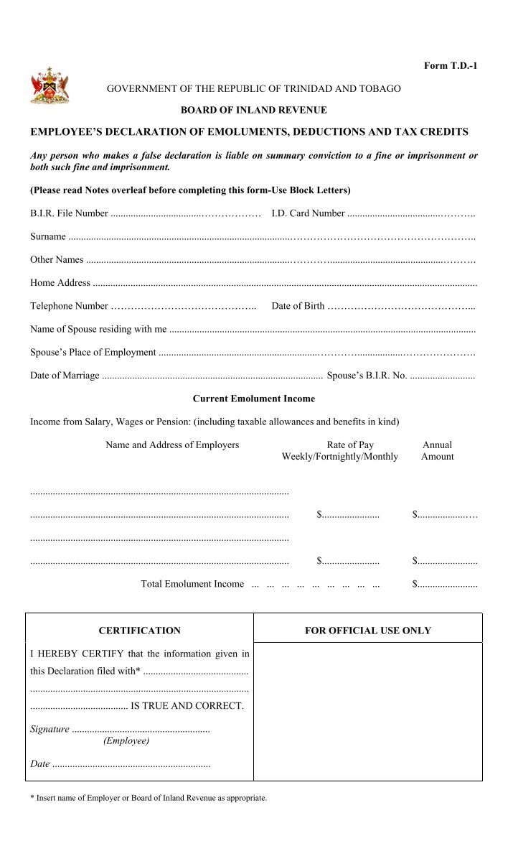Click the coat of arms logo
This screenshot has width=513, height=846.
(x=50, y=86)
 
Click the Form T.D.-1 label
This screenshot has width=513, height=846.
(x=450, y=66)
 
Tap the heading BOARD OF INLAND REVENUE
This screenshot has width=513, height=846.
(x=253, y=111)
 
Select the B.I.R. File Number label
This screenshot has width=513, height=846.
(x=69, y=213)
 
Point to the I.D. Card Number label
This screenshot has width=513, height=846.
(x=308, y=213)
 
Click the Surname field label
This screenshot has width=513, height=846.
(x=48, y=236)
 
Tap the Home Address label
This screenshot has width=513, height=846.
(x=60, y=283)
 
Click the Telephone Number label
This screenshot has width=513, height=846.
(x=69, y=306)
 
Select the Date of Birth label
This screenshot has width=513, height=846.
(x=298, y=306)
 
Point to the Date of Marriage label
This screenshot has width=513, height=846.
(x=65, y=375)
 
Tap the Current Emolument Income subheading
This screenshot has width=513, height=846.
(x=254, y=399)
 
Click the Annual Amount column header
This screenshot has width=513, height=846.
(x=437, y=450)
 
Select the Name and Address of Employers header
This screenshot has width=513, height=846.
(x=172, y=445)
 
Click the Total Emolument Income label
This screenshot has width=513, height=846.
(x=192, y=584)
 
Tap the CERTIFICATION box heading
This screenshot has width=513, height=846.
(x=139, y=631)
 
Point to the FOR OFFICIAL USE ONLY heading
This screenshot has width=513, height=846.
(x=368, y=631)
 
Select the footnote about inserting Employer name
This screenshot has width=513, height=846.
(x=149, y=798)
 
